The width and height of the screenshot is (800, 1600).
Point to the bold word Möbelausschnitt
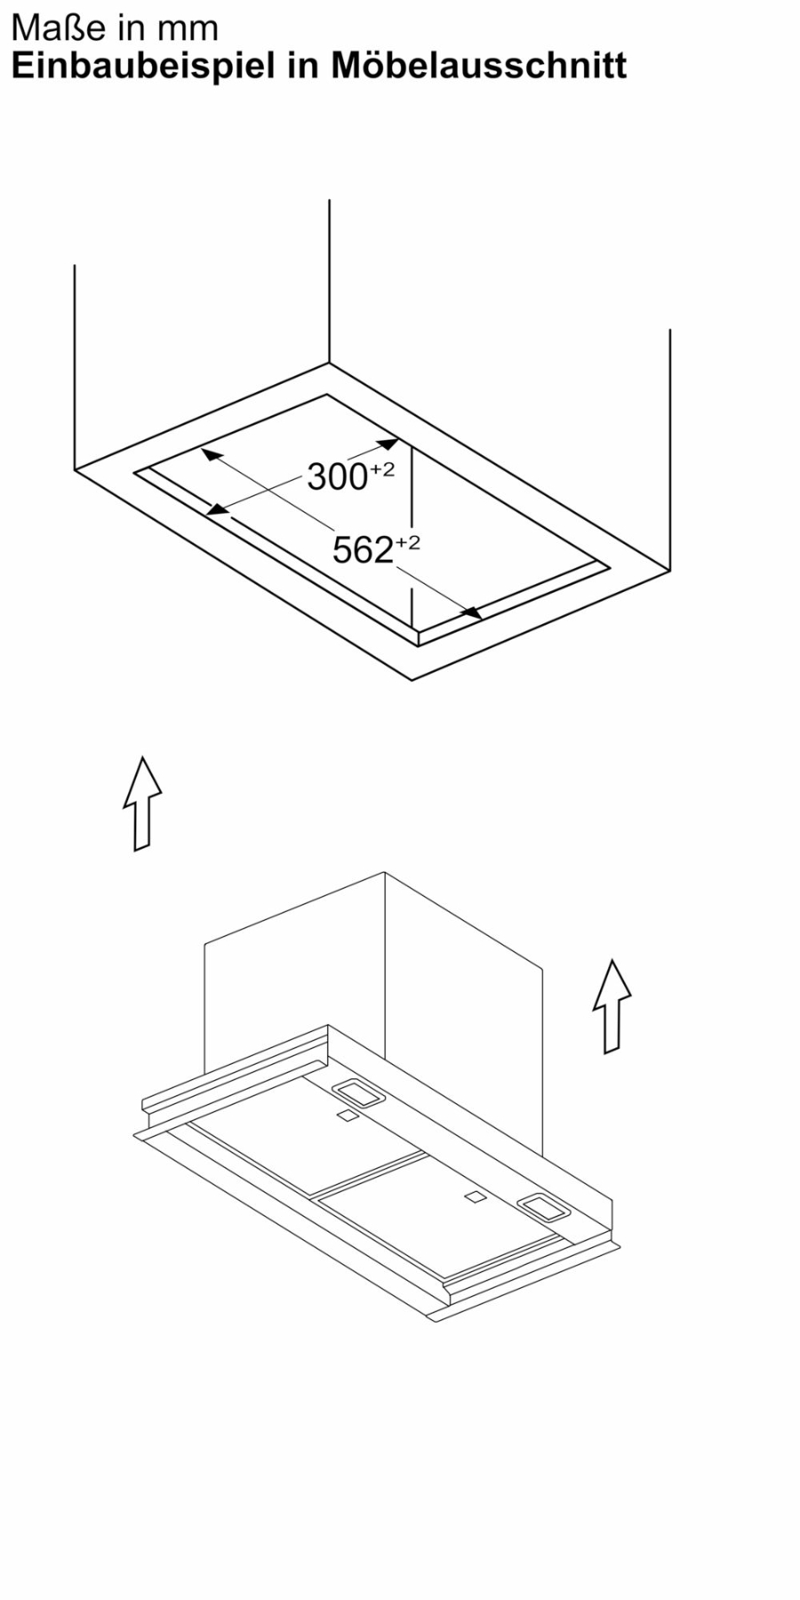coord(479,66)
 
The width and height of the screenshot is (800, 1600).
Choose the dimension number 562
coord(363,550)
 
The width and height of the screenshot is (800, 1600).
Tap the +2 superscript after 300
coord(382,469)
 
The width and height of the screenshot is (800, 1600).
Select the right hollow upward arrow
coord(612,1005)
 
